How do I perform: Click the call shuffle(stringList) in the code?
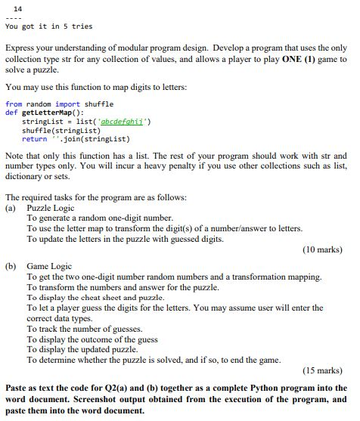[x=55, y=129]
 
